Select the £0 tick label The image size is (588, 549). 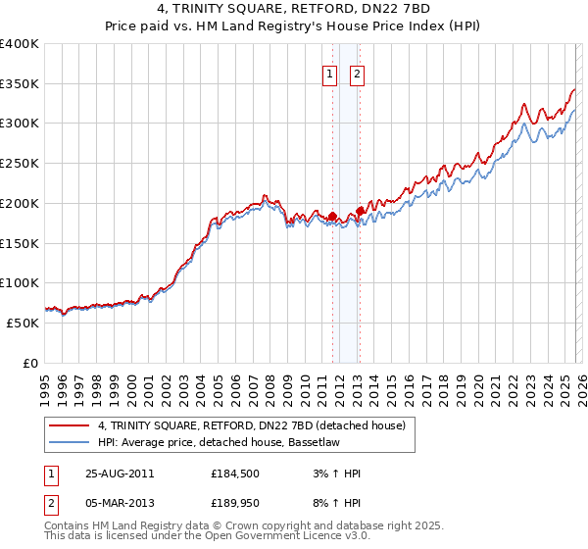[31, 363]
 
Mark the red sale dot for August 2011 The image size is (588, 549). [332, 217]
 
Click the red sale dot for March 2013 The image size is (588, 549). [360, 211]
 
